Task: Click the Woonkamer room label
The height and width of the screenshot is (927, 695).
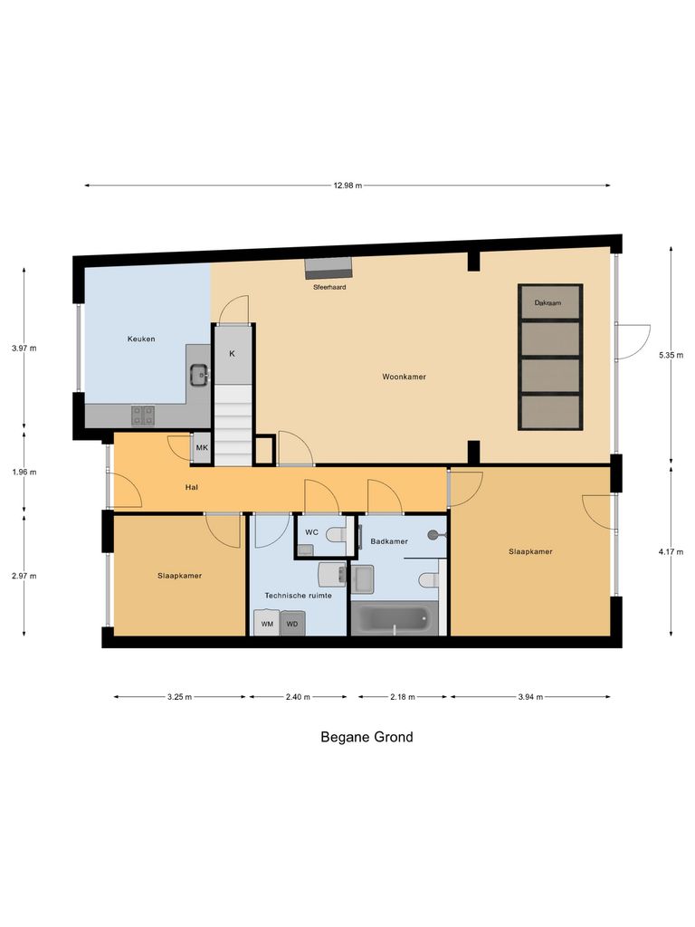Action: point(404,377)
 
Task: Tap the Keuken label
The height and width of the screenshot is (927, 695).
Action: point(140,339)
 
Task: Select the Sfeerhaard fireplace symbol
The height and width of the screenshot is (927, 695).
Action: point(327,268)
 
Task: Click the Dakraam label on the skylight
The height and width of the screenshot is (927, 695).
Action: point(547,303)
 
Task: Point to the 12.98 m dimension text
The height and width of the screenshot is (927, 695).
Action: point(347,186)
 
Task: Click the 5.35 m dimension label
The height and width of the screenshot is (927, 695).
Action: point(671,357)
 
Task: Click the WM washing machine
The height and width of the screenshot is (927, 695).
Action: point(267,624)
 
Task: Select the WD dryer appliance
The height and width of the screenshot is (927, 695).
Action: point(292,624)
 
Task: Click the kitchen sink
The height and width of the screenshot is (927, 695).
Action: point(198,372)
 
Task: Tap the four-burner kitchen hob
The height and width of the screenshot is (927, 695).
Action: point(143,415)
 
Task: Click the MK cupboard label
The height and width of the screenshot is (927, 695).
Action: point(202,448)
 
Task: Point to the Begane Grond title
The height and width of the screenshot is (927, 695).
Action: point(367,737)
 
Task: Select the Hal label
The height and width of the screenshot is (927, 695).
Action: point(191,487)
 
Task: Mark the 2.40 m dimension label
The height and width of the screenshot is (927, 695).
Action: point(297,697)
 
